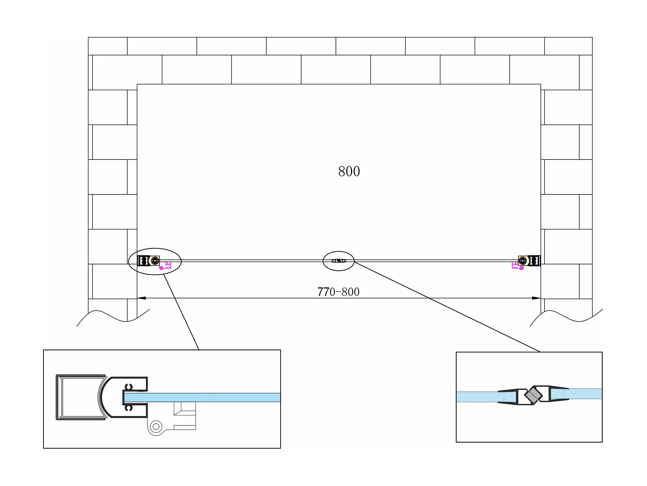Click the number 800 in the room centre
[x=349, y=171]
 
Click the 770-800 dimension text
[x=338, y=292]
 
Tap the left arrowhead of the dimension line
[x=142, y=298]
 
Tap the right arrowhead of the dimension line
[x=536, y=298]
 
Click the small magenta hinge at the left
[x=166, y=266]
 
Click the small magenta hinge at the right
[x=517, y=266]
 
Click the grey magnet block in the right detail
[x=533, y=396]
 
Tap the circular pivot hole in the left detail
[x=156, y=426]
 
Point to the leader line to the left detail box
[x=181, y=312]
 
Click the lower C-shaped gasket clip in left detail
[x=129, y=408]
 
